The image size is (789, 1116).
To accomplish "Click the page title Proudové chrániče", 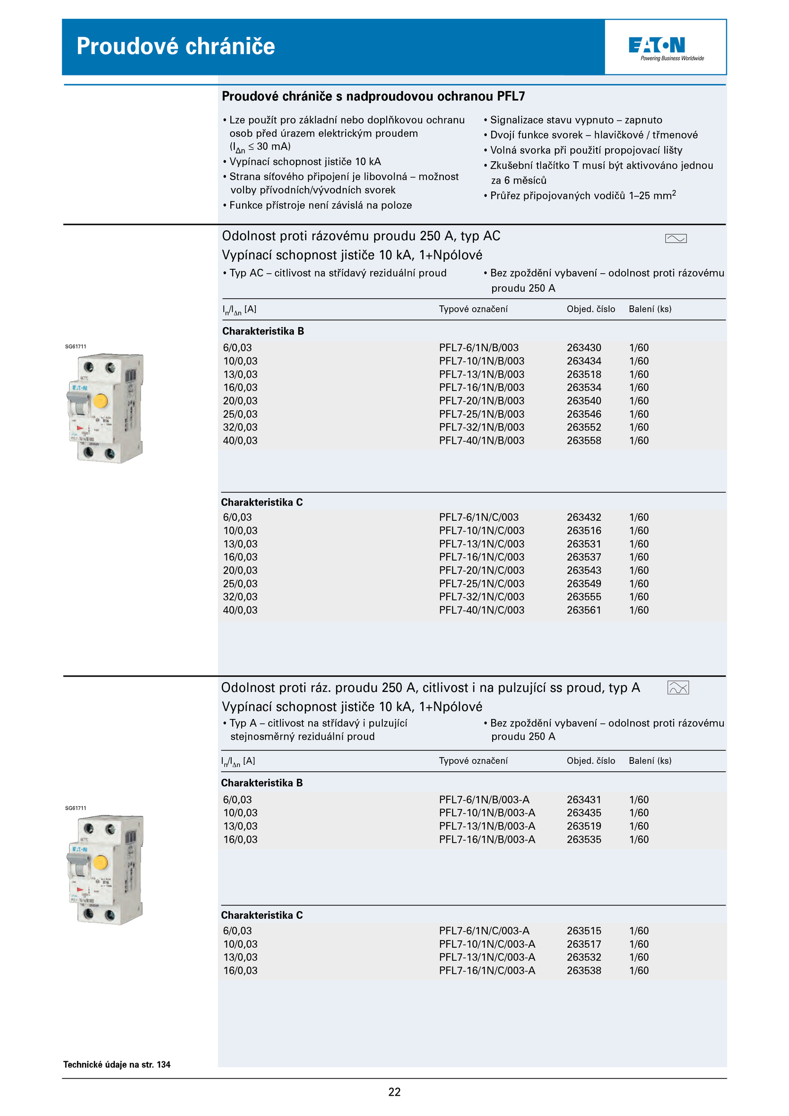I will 176,46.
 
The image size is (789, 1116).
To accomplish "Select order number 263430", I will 583,348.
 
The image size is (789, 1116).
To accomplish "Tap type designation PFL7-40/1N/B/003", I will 481,440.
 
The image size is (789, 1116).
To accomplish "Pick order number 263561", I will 583,610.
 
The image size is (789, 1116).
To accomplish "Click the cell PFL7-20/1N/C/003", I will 481,570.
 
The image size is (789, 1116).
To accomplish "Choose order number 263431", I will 583,799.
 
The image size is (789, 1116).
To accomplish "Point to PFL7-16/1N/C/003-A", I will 487,970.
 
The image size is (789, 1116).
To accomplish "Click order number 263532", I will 583,957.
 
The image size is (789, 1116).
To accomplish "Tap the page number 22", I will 394,1092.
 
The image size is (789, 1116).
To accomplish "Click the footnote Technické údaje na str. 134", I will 117,1064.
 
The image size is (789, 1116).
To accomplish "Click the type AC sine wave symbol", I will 676,239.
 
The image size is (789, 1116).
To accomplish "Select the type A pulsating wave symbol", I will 678,687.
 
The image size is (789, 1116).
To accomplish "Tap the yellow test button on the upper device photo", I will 101,400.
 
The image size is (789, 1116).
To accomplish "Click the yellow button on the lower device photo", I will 101,863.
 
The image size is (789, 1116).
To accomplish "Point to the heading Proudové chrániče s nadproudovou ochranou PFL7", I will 373,96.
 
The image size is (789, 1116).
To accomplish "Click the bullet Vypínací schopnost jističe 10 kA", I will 305,162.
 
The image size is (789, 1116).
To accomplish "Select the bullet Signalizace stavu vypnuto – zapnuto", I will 575,120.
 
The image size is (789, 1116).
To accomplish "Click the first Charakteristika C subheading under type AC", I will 262,502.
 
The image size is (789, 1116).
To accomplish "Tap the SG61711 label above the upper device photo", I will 75,347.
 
